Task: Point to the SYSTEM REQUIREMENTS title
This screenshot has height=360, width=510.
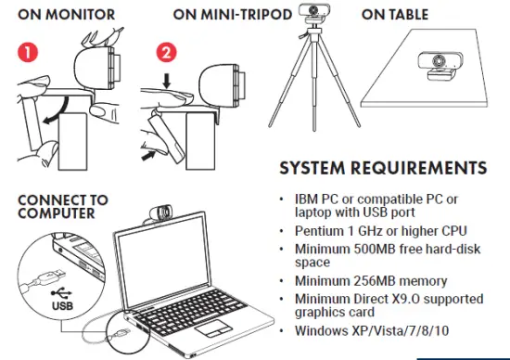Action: [x=382, y=169]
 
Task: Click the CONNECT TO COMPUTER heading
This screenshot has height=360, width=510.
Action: [x=61, y=206]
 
